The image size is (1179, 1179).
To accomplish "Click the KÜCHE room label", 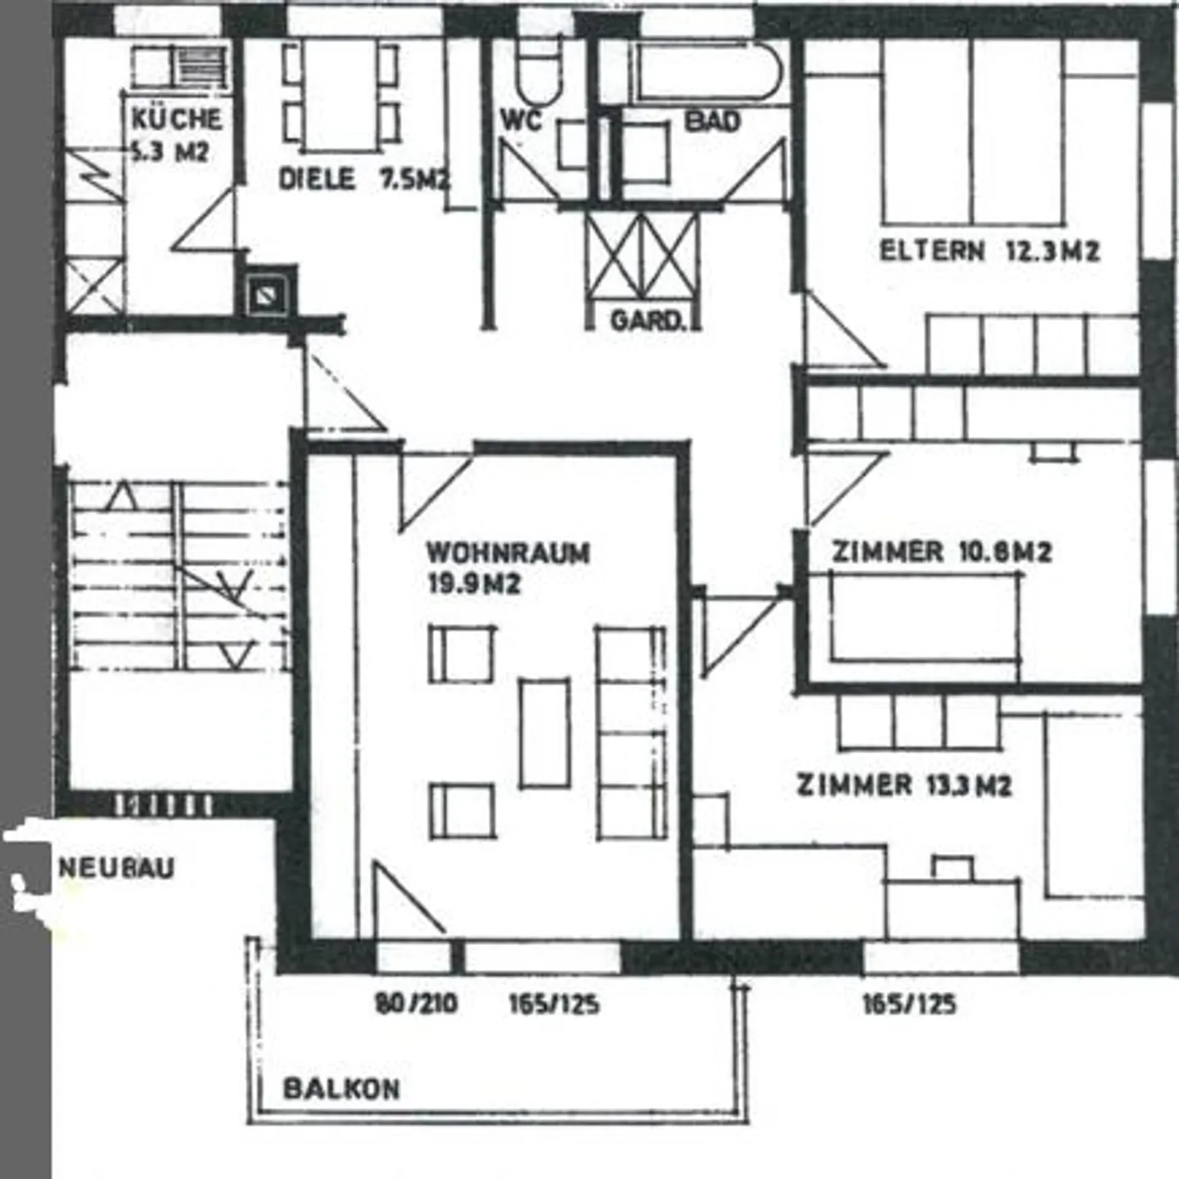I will pos(176,120).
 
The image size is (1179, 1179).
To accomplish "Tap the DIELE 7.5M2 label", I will pos(364,179).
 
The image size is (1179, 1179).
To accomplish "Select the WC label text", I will pos(522,121).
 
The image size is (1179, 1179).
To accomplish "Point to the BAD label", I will pos(712,122).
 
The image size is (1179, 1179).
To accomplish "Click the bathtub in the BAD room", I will pos(704,72).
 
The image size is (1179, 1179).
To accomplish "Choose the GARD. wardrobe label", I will pos(647,320).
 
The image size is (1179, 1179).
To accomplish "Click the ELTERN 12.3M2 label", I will pos(989,251).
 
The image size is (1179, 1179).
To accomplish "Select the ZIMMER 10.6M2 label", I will pos(942,552).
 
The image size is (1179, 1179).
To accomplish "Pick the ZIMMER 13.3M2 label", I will pos(904,785).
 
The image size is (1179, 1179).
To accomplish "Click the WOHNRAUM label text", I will pos(508,553).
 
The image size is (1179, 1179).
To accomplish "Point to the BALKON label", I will pos(341,1089).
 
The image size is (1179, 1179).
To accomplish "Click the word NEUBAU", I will pos(117,868).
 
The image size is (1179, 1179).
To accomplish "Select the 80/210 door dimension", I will pos(416,1003).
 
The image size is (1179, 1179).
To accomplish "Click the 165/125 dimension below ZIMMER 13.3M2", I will pos(909,1004).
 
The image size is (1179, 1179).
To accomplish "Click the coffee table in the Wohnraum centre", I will pos(544,733).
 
